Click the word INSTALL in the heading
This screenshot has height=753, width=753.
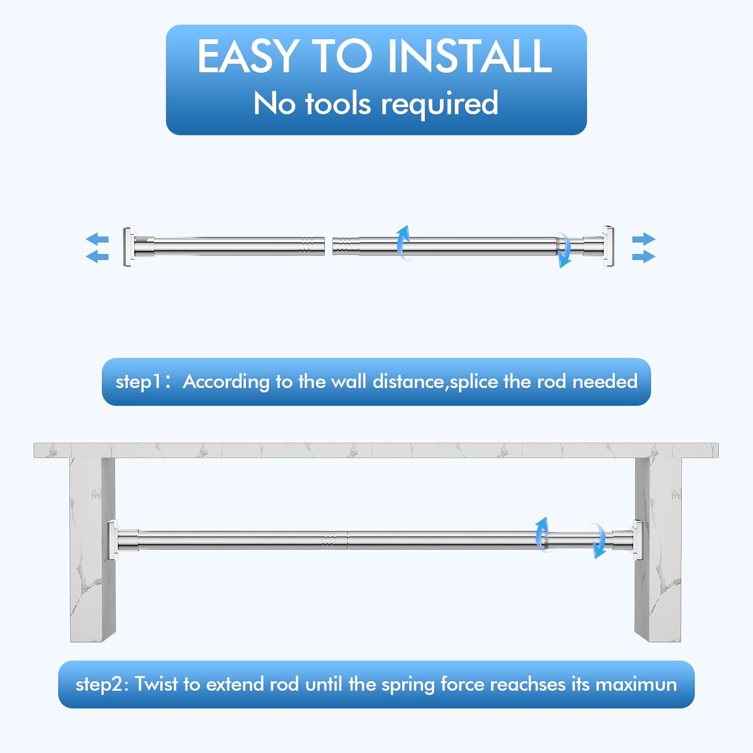(x=470, y=56)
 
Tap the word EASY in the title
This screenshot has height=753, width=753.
(x=247, y=56)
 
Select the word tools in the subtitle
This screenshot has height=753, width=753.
(x=338, y=103)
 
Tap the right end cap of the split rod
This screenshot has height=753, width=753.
(x=608, y=246)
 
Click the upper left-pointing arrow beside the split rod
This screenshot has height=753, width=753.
(x=97, y=239)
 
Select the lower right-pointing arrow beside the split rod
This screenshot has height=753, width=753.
(x=644, y=257)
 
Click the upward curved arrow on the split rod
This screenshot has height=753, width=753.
(x=403, y=242)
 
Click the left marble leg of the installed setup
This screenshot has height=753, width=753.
(x=93, y=550)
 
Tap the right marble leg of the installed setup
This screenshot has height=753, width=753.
(x=658, y=550)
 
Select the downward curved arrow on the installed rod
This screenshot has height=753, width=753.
(x=598, y=540)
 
